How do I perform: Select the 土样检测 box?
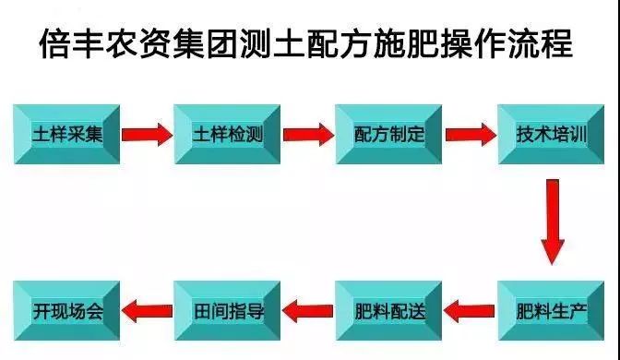230,135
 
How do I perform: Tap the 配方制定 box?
389,135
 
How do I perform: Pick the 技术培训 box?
551,135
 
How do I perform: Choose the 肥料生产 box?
551,310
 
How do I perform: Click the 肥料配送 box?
389,310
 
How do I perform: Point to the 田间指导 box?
230,310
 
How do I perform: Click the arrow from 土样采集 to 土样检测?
148,135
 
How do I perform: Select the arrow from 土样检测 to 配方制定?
309,135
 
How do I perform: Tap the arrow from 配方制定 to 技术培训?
471,135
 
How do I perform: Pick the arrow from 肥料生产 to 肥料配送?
471,308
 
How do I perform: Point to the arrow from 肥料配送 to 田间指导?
309,308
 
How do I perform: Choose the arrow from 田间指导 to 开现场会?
148,308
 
